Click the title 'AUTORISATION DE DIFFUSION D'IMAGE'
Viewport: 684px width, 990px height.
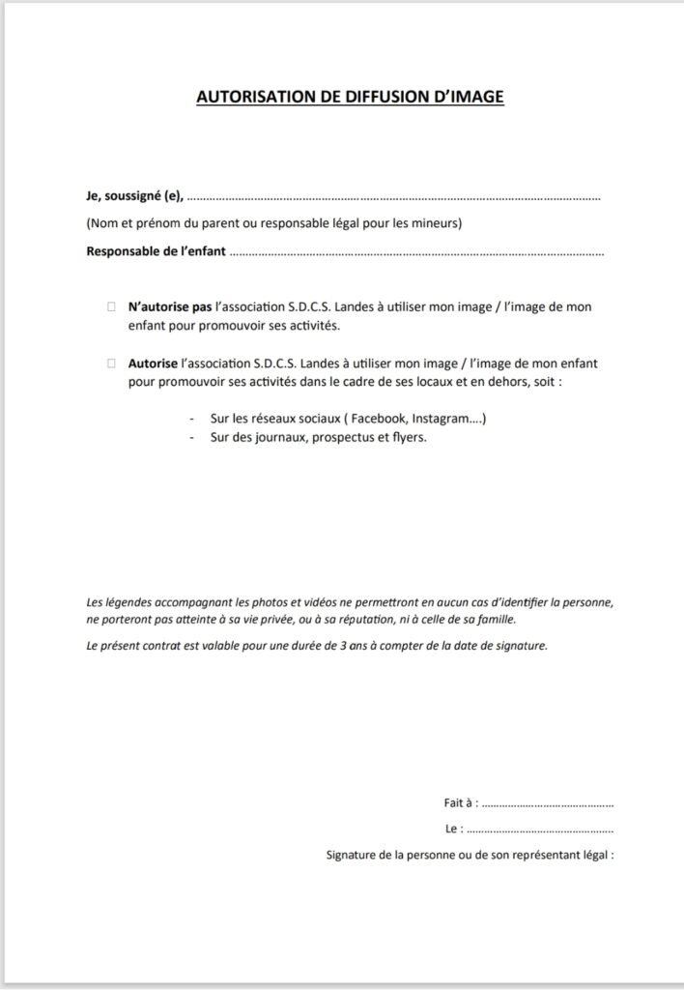click(350, 97)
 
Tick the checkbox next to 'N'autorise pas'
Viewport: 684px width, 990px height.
click(110, 307)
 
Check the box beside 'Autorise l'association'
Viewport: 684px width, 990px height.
click(110, 364)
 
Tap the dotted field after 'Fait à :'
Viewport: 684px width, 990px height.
click(547, 803)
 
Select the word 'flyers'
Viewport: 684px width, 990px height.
click(406, 437)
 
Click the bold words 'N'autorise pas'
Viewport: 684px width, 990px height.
click(169, 307)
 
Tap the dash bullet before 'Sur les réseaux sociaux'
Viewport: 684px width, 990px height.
click(190, 420)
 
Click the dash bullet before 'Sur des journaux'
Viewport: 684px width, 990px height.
click(190, 437)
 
